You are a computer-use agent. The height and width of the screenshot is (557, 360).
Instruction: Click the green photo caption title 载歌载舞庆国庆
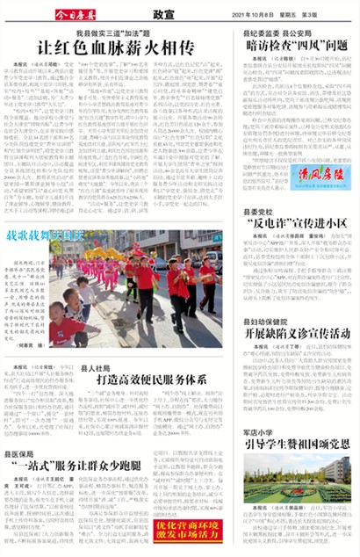(45, 236)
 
